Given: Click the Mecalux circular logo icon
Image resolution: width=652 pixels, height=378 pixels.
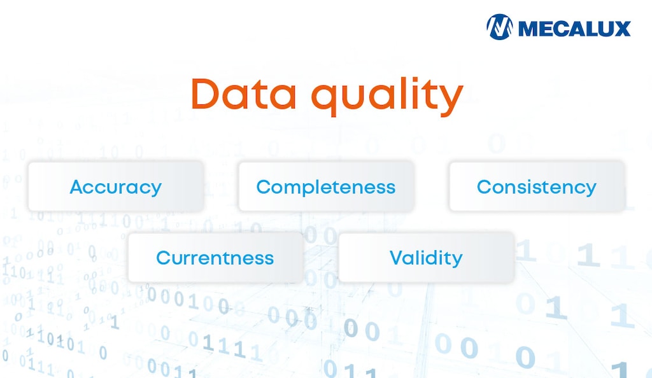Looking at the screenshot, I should [x=500, y=27].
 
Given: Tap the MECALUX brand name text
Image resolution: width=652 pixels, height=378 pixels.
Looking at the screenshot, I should [x=574, y=28].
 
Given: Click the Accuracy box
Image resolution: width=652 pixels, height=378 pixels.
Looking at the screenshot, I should [x=115, y=186].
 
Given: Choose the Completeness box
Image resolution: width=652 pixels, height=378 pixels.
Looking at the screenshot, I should [x=326, y=186].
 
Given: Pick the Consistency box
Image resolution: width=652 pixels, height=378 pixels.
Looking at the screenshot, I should [x=537, y=186].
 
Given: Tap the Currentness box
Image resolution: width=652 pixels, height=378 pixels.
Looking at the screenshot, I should [x=215, y=257].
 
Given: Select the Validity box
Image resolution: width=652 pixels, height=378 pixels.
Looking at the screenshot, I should [x=426, y=257].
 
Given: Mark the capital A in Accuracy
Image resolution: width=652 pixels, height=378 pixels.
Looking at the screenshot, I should [x=76, y=187].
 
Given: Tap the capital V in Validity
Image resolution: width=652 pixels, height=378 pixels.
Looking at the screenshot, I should [x=396, y=258].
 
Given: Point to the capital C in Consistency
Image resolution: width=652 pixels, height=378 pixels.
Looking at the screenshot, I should [x=484, y=187].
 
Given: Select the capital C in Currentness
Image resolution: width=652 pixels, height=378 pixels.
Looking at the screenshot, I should [x=163, y=258].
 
